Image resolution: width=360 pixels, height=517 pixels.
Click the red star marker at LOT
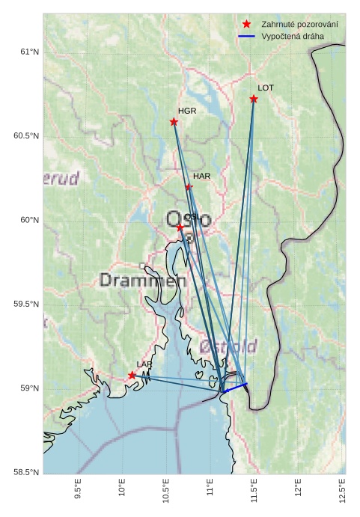point(254,99)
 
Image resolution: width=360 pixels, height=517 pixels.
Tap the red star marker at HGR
point(174,122)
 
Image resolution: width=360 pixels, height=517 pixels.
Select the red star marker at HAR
point(189,187)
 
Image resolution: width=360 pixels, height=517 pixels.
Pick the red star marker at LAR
point(132,375)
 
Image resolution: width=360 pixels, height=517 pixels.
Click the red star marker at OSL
point(180,227)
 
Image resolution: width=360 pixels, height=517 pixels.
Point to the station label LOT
point(266,88)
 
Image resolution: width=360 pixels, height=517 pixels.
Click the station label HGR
point(187,111)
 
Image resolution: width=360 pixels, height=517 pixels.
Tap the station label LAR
point(144,364)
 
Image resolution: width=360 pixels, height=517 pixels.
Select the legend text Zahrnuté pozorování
point(299,25)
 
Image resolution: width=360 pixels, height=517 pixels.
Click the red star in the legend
point(246,25)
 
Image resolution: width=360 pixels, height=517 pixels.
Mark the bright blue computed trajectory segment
point(235,388)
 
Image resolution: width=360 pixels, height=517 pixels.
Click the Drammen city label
point(142,281)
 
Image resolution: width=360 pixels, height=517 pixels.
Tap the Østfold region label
point(229,346)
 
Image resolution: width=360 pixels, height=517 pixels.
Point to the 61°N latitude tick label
point(28,52)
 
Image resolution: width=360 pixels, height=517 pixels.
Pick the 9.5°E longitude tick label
point(79,489)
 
